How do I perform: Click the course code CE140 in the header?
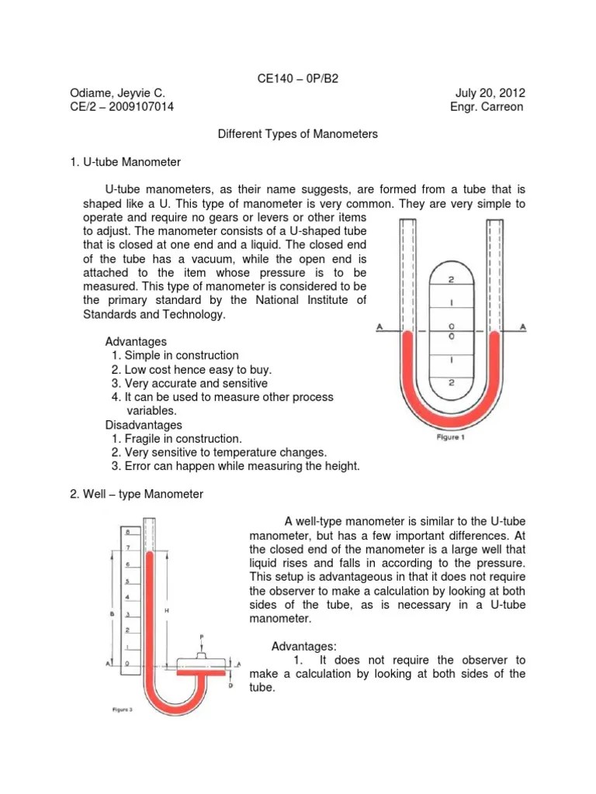(273, 78)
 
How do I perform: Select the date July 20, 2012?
(490, 93)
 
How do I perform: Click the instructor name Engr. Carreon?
(487, 107)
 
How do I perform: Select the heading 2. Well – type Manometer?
(136, 495)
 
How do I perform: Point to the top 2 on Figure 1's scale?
(452, 279)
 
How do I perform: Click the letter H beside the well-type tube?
(167, 611)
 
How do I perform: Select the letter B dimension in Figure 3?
(113, 613)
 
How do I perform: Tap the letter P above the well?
(201, 637)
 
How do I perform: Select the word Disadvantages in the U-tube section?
(144, 425)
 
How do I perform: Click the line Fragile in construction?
(176, 439)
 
